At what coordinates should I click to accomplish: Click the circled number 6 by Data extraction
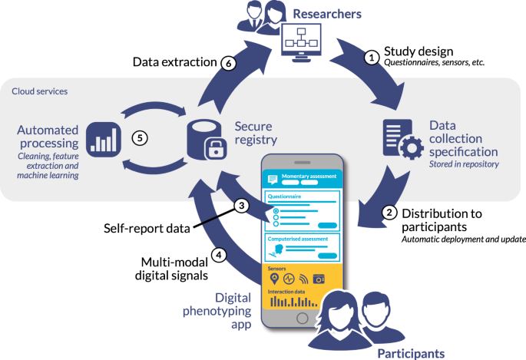tap(228, 64)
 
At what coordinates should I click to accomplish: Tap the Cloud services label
tap(41, 91)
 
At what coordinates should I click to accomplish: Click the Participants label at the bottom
tap(411, 352)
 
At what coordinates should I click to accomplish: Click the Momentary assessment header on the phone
tap(309, 176)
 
